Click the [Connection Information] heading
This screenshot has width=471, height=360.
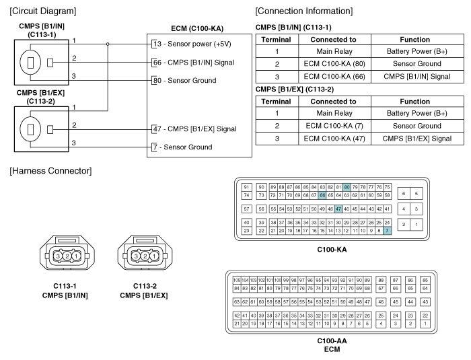point(303,11)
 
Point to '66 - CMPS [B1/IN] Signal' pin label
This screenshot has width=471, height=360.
point(192,62)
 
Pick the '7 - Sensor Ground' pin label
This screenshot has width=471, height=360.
point(182,147)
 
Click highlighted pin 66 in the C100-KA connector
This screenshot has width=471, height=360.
point(322,195)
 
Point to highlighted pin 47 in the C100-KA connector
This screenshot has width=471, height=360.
point(338,209)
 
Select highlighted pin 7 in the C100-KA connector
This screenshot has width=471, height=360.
point(387,231)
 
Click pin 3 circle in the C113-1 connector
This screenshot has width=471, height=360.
point(59,256)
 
